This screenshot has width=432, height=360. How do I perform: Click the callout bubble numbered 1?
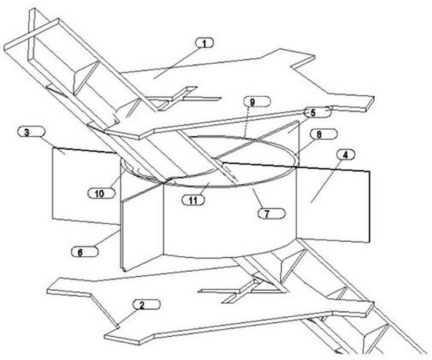point(204,43)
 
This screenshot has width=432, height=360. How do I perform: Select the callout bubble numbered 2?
point(146,305)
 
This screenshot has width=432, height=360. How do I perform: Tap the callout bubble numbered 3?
point(31,132)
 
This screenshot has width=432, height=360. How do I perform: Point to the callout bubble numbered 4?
point(345,155)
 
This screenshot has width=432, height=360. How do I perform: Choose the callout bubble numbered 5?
point(317,112)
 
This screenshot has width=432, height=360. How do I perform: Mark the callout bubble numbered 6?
point(84,252)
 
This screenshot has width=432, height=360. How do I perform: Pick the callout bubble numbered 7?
point(271,214)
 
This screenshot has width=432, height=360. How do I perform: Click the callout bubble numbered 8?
point(323,134)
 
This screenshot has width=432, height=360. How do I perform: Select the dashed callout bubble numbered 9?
point(257,102)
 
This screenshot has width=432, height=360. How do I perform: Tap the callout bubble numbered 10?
point(101,194)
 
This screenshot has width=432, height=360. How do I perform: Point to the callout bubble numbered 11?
point(194,200)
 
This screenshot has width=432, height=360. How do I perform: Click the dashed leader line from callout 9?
point(248,122)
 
